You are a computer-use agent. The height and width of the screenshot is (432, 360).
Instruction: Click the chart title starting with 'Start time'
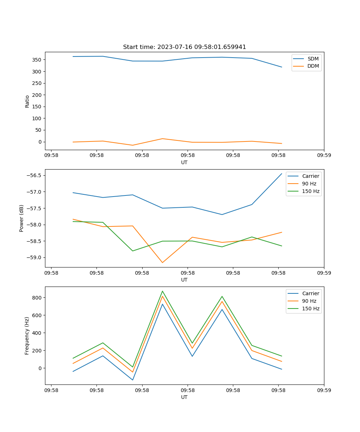pos(184,47)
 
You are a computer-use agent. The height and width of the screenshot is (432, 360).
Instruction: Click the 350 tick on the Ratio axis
pos(37,60)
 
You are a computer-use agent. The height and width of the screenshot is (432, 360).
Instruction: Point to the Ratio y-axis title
pos(27,101)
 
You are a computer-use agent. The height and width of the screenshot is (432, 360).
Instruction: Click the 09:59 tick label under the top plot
pos(324,156)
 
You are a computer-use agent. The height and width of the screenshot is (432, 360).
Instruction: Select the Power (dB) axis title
pos(22,218)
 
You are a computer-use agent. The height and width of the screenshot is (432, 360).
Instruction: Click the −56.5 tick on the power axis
pos(34,175)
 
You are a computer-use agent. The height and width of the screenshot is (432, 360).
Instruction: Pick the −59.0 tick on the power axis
pos(34,257)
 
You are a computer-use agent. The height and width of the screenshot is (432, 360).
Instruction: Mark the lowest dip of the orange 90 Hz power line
pos(162,262)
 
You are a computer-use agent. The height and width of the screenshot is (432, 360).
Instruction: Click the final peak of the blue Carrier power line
pos(282,174)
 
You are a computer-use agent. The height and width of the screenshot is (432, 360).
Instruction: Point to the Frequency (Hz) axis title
pos(27,336)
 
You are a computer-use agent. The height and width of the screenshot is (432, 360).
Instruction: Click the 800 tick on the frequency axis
pos(37,298)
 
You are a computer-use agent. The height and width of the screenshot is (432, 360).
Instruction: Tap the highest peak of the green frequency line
pos(162,291)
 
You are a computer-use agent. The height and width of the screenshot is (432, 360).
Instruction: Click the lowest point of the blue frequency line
pos(132,380)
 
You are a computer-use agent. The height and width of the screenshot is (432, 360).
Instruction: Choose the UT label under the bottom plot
pos(184,397)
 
